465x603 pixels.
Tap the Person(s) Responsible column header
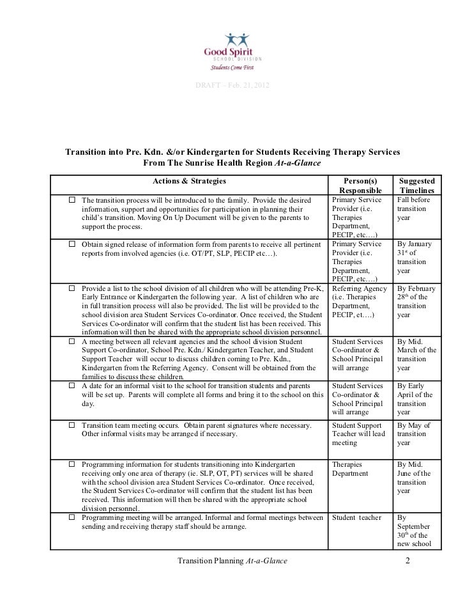click(361, 186)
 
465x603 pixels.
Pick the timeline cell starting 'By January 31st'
click(415, 257)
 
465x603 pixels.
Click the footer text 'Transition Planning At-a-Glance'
click(232, 561)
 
